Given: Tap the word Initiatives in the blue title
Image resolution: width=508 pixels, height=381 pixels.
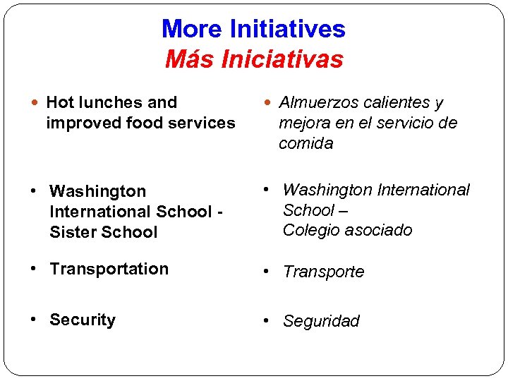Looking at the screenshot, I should (287, 30).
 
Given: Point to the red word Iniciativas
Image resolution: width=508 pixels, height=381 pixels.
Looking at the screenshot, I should (282, 59).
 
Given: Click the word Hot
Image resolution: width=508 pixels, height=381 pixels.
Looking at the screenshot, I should (60, 102).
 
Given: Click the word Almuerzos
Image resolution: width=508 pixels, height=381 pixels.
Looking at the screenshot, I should (318, 103).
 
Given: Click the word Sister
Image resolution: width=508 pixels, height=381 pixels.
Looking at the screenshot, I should (73, 231).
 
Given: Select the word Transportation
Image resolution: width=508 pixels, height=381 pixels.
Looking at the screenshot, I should (109, 269).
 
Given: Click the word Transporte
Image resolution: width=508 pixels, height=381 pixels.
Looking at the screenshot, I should (324, 272).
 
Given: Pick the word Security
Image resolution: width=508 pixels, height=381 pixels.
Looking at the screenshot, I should (83, 320).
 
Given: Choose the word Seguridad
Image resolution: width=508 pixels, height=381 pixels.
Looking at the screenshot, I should (321, 322).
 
